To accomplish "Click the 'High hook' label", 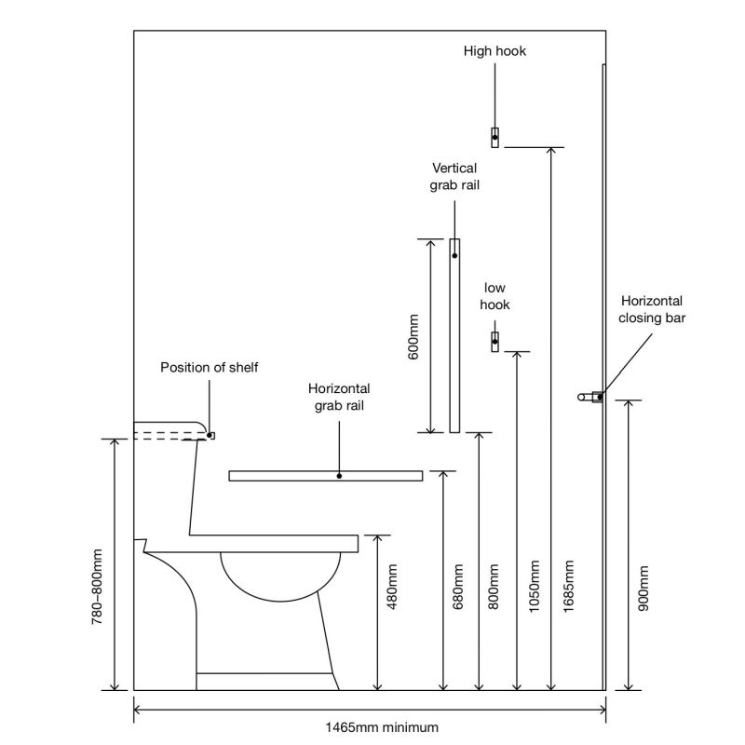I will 494,51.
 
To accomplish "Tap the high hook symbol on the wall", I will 495,137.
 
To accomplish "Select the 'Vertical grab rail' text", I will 454,176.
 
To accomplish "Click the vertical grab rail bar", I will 454,335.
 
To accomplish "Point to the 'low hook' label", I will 494,296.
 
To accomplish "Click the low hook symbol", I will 495,341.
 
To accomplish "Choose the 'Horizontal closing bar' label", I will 651,309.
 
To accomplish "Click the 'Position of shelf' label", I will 210,367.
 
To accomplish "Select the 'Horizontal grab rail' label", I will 340,397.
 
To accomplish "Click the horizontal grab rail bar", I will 325,476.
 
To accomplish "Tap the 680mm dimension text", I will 457,585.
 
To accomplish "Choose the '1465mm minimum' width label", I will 371,726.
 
